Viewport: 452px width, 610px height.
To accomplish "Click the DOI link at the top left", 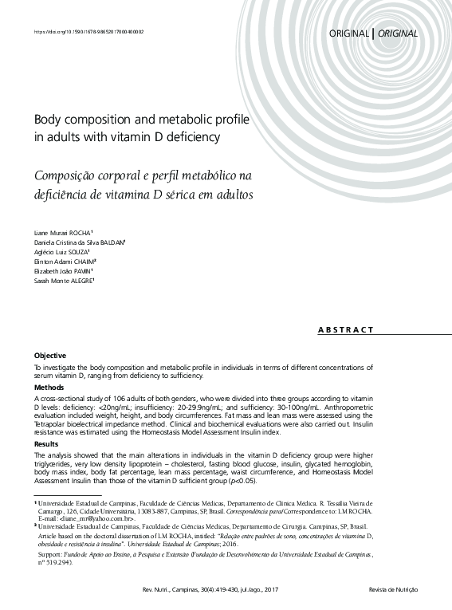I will point(88,32).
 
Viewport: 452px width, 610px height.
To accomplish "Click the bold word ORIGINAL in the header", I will point(348,33).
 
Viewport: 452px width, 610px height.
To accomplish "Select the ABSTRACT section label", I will point(346,329).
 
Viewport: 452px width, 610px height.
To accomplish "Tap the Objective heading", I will point(49,355).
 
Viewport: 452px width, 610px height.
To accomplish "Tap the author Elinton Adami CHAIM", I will point(65,261).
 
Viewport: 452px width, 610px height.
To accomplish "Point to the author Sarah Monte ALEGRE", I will point(64,281).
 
